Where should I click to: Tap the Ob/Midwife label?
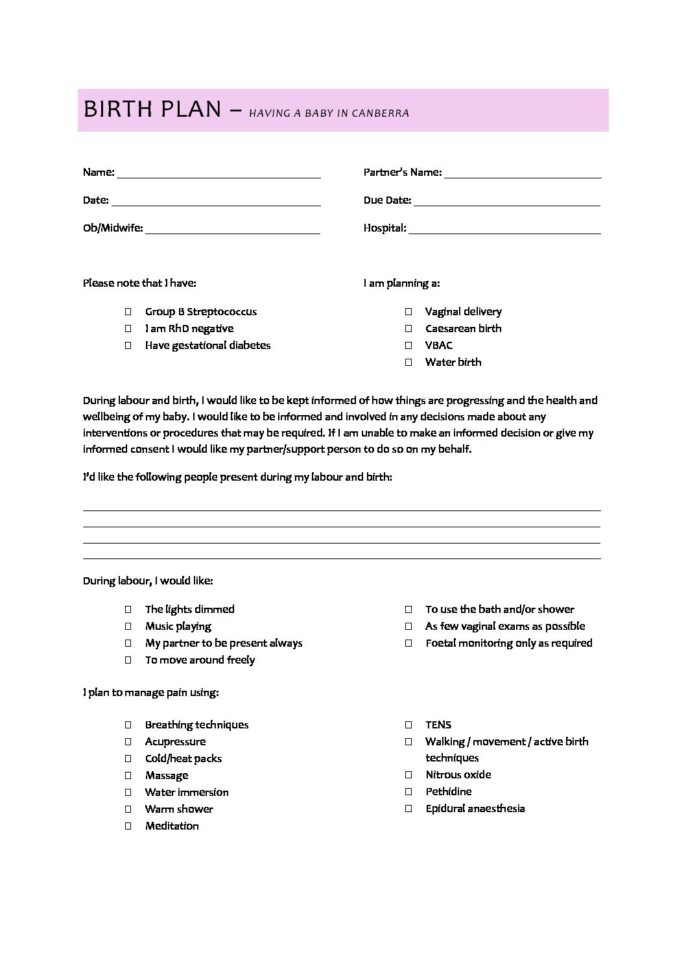[113, 228]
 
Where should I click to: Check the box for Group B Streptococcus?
[128, 311]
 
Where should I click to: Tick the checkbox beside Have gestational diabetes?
[128, 345]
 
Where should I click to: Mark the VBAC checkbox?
[408, 345]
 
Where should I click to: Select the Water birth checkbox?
[408, 362]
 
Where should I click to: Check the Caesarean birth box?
[408, 328]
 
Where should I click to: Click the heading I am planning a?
[401, 283]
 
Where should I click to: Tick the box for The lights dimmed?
[128, 609]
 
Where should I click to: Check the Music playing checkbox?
[128, 626]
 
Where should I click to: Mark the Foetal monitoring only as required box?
[408, 643]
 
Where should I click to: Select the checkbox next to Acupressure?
[128, 741]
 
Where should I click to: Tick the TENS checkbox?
[408, 725]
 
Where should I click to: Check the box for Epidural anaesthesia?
[408, 808]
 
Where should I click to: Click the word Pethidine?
[448, 791]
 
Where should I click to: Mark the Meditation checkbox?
[128, 826]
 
